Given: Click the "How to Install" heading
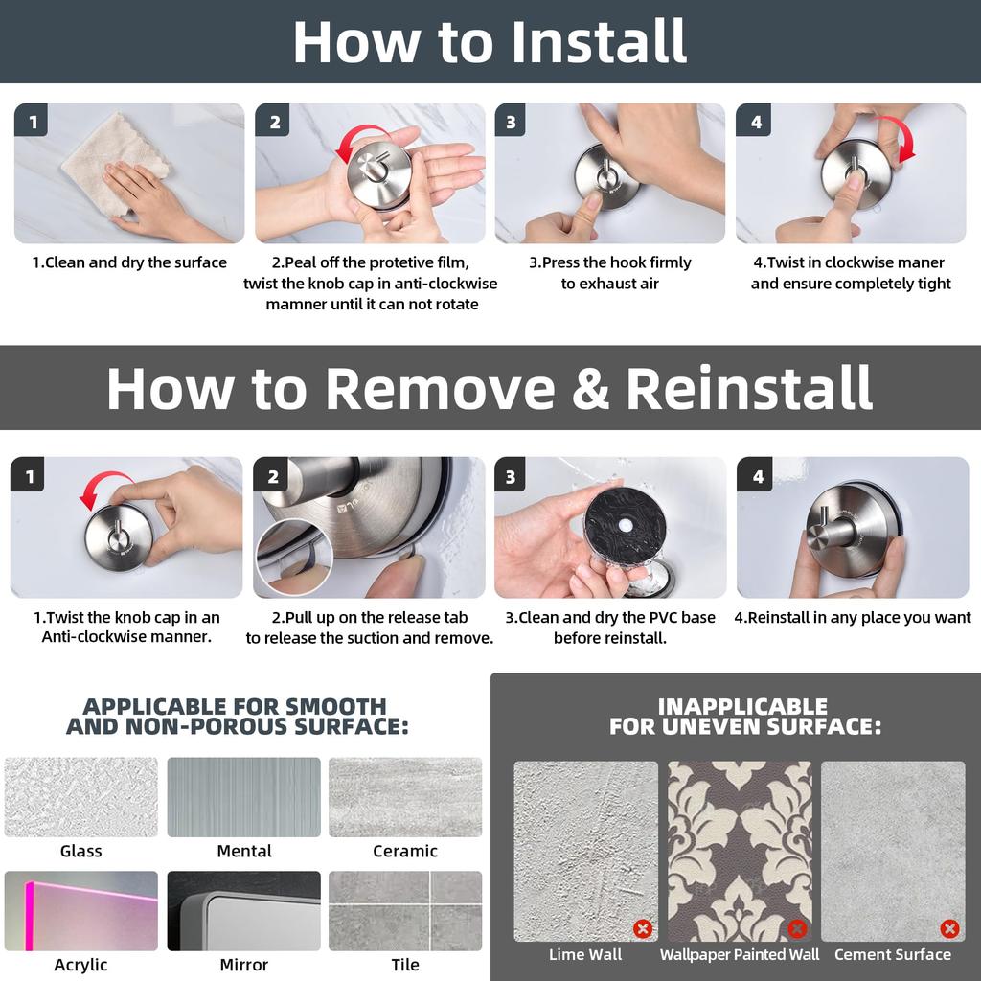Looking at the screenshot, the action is [490, 41].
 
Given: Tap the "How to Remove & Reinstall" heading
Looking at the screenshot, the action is [490, 388].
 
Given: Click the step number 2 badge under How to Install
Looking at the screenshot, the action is [272, 120].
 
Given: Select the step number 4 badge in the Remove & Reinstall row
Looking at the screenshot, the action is [755, 474].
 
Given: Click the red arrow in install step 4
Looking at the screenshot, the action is [901, 134].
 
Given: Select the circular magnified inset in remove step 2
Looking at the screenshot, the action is [294, 557].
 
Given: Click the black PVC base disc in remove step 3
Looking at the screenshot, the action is [625, 527].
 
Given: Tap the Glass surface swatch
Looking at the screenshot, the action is [81, 797].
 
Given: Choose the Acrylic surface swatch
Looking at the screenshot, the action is [81, 911].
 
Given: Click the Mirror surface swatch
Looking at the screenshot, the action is [244, 911].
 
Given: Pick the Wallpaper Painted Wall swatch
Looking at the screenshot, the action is [740, 851].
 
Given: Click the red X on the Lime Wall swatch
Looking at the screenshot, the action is [643, 928].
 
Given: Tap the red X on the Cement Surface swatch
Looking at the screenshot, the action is [949, 928].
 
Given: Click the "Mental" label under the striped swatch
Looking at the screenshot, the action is [244, 851].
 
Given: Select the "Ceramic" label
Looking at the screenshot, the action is [405, 851].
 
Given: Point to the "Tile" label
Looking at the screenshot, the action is [405, 965].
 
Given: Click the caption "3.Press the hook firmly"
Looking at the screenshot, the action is [610, 262].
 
